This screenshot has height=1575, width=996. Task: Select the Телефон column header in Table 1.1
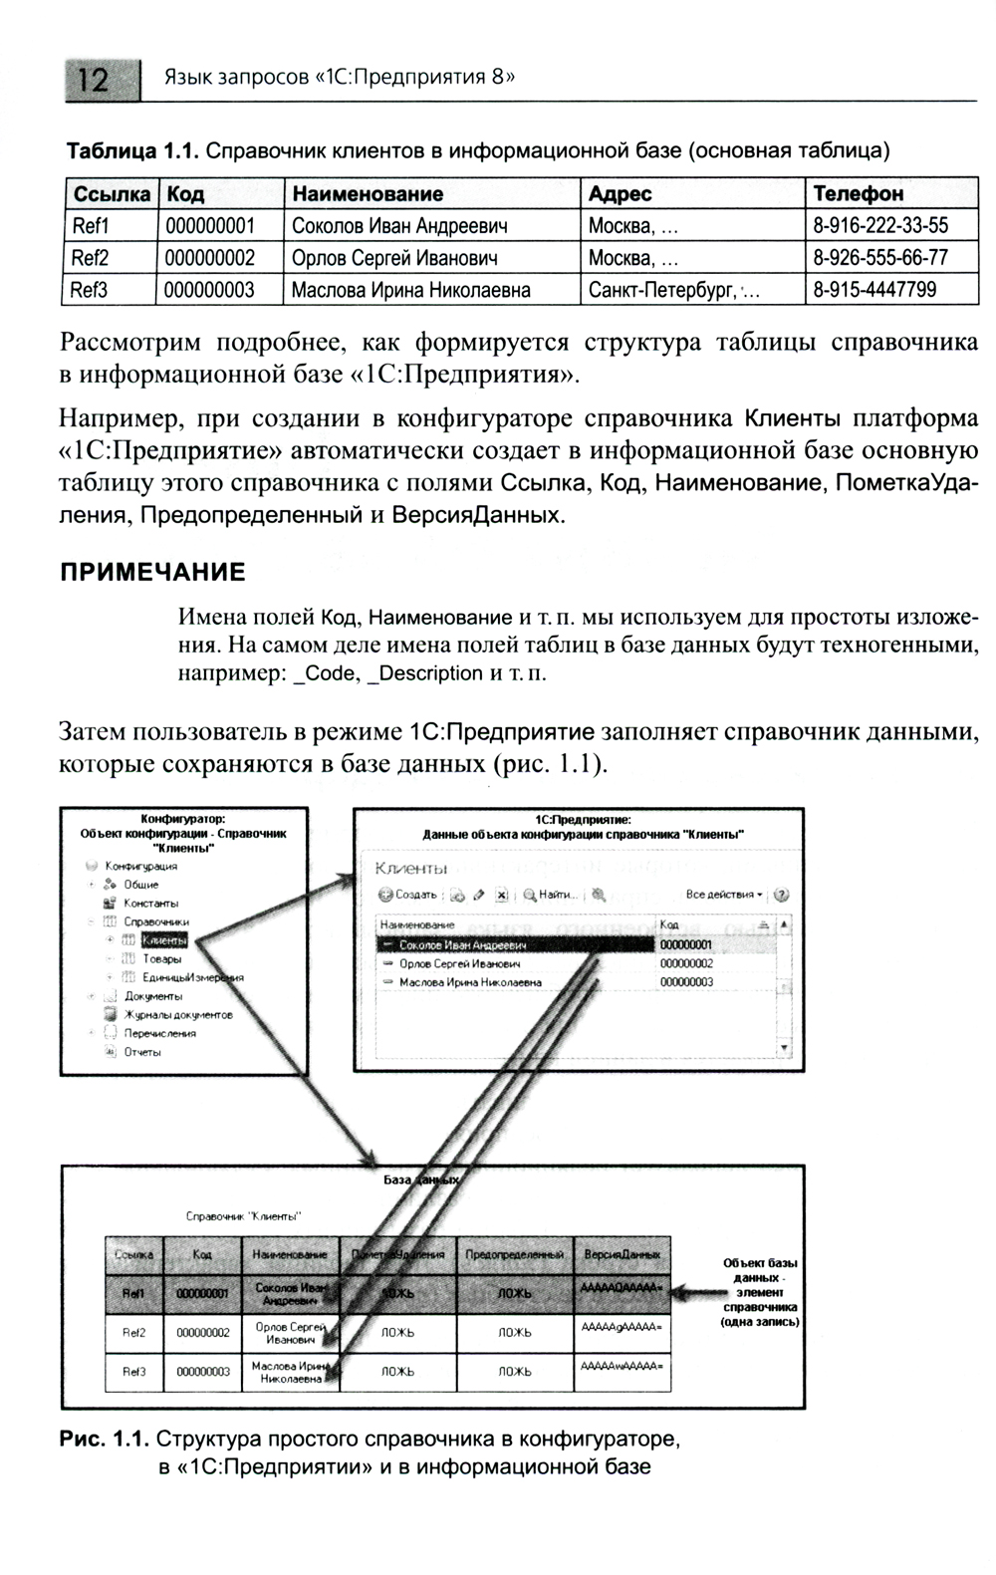(858, 193)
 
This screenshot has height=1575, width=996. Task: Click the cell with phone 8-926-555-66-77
(880, 258)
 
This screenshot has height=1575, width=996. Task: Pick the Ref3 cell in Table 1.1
(90, 290)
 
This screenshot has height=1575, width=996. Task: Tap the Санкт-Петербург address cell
(673, 290)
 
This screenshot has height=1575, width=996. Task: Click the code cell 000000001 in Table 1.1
(209, 226)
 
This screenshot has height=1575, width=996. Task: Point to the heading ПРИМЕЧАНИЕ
(152, 572)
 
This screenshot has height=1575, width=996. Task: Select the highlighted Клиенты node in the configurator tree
(163, 940)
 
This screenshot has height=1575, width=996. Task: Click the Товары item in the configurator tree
(161, 959)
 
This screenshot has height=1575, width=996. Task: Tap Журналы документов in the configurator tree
(178, 1014)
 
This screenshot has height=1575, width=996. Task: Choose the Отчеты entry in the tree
(142, 1052)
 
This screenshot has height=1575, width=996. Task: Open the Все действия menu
(724, 895)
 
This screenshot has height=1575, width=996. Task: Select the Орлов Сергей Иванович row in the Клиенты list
(459, 964)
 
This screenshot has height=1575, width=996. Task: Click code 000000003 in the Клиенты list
(686, 982)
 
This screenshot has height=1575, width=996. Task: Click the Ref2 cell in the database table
(134, 1332)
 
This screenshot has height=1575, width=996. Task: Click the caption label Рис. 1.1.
(104, 1440)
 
